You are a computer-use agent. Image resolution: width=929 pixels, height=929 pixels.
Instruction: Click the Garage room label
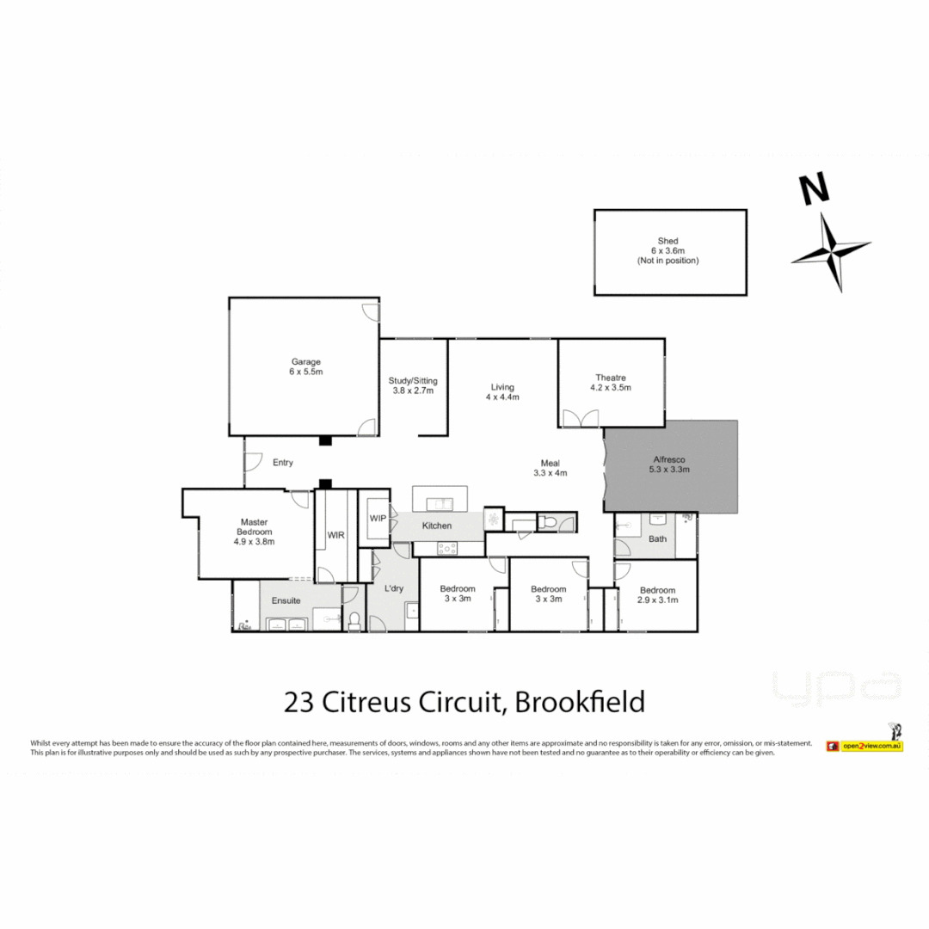pos(305,362)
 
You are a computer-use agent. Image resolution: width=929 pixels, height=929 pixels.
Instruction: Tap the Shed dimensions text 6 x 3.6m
pos(668,250)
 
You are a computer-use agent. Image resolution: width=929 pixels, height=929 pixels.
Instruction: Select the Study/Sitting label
pos(413,379)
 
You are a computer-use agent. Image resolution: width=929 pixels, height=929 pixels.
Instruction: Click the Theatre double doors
pos(581,418)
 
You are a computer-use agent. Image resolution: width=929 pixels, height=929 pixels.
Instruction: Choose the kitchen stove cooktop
pos(448,547)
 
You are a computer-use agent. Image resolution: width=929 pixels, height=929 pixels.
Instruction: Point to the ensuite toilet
pos(354,618)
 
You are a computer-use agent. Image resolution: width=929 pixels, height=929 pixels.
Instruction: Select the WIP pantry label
pos(378,518)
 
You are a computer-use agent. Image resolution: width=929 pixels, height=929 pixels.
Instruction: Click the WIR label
pos(335,535)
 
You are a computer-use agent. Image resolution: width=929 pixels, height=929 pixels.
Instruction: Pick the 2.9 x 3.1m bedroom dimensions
pos(658,600)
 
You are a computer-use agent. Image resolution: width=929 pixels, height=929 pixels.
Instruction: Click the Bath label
pos(657,539)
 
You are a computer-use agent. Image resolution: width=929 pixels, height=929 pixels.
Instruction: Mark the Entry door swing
pos(253,462)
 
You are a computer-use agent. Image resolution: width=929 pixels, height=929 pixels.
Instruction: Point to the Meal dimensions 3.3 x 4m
pos(551,472)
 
